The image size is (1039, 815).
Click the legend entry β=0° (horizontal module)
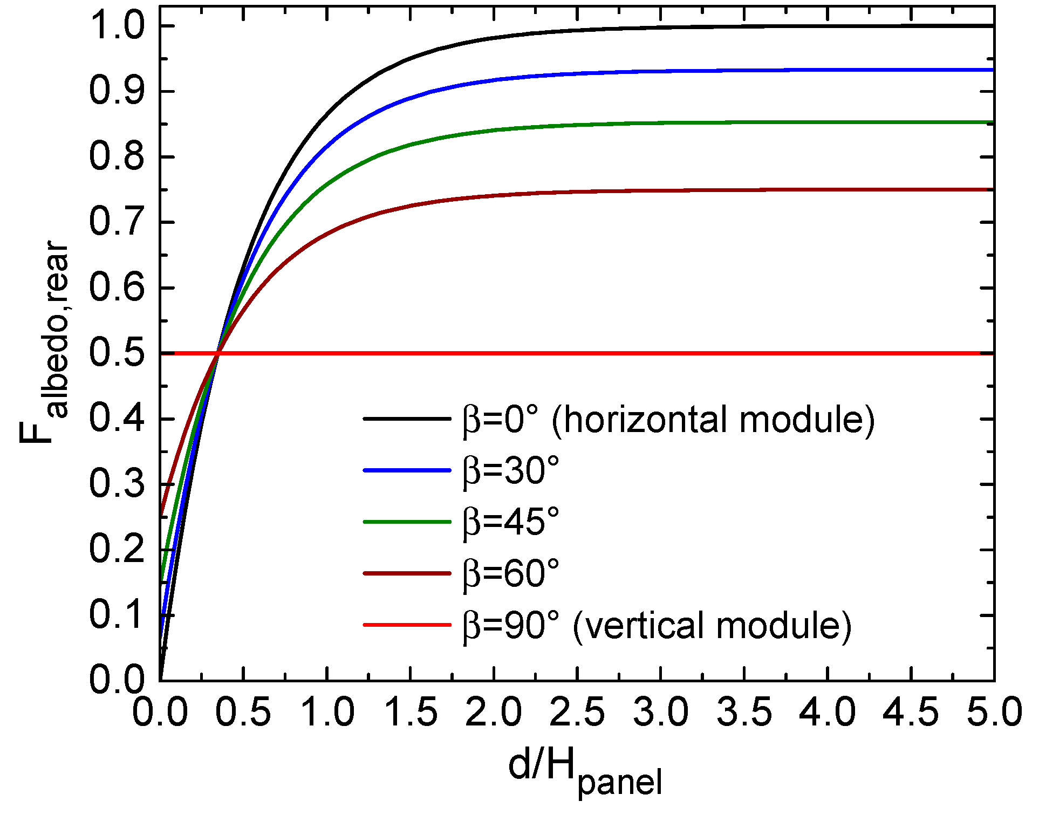(668, 420)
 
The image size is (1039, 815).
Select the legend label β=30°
(511, 471)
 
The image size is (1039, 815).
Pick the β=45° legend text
(511, 522)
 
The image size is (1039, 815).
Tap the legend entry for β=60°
(511, 573)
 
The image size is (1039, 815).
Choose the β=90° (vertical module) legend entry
(657, 625)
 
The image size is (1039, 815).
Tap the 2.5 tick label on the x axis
(577, 712)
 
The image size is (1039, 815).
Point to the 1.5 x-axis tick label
(411, 712)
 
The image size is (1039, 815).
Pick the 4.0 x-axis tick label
(827, 712)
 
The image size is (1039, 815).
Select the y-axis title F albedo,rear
(46, 345)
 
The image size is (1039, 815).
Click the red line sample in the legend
(407, 625)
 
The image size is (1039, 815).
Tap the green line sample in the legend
(407, 522)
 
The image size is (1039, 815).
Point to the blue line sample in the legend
(407, 471)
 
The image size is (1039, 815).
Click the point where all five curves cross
(217, 353)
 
